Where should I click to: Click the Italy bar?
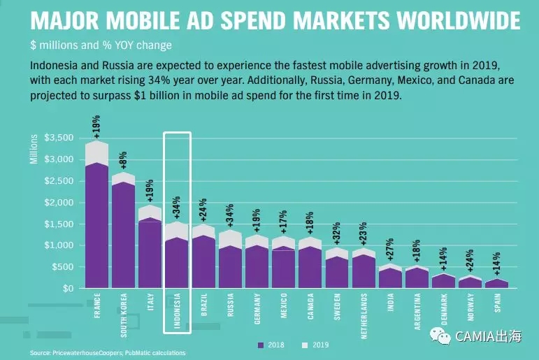[150, 252]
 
